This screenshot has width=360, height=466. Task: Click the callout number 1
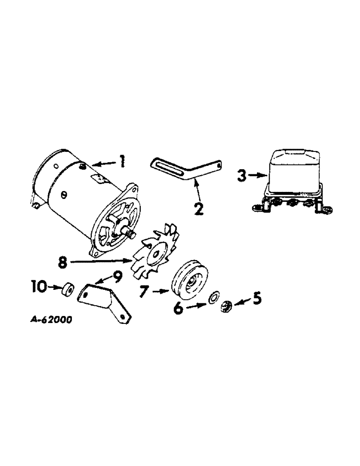click(121, 162)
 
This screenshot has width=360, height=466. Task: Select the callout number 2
click(199, 208)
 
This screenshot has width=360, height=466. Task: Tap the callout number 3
click(242, 177)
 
